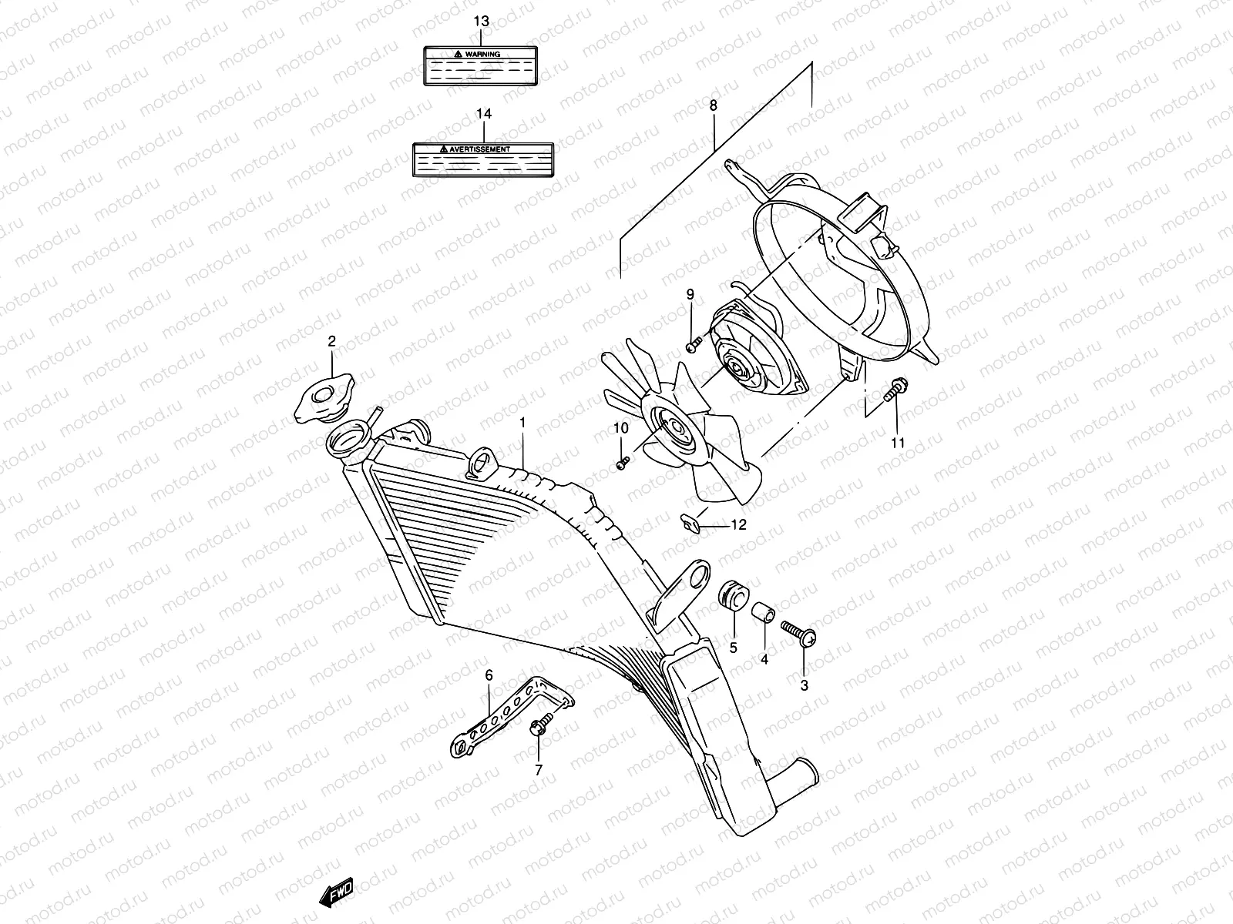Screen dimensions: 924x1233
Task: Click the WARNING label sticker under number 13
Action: [479, 64]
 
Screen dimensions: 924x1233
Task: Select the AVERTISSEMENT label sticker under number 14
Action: [483, 159]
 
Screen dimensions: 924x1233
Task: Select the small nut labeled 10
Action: [623, 463]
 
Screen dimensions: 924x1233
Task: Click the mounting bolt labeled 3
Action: [798, 634]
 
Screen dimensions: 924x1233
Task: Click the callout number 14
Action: [483, 114]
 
